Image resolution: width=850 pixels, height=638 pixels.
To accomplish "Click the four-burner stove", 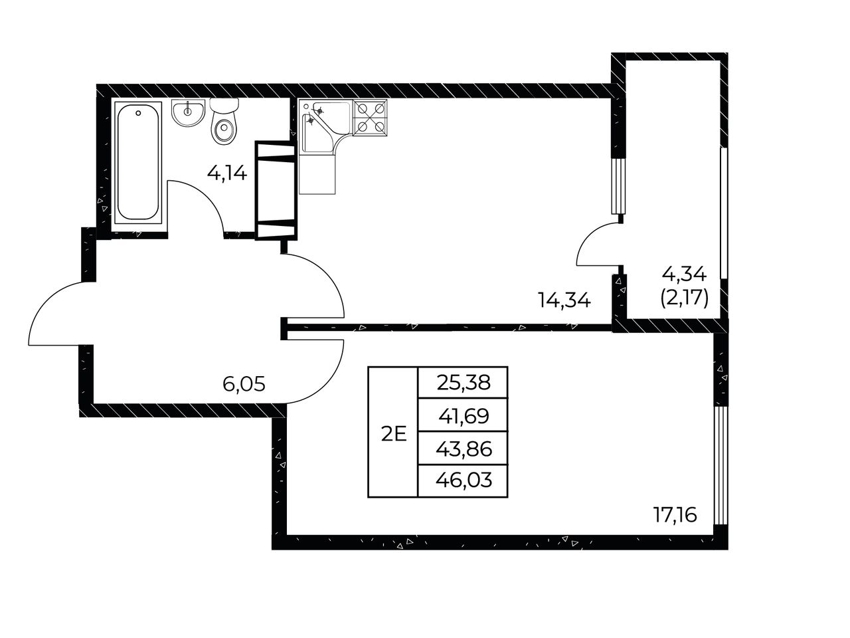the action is [x=370, y=118].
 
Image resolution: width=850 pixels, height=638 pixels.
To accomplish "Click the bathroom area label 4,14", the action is [x=227, y=173].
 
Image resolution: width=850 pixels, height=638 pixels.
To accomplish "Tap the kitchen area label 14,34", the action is [x=564, y=300].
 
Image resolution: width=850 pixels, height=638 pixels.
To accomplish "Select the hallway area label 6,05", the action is [x=244, y=384].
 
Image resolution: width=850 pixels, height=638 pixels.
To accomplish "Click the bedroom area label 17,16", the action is [x=675, y=515].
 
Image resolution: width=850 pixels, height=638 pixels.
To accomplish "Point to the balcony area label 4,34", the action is [x=684, y=274].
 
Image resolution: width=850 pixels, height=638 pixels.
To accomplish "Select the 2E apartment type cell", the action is [x=393, y=432].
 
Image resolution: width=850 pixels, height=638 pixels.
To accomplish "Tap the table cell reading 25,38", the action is [x=463, y=382].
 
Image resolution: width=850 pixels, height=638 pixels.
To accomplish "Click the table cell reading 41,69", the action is [x=463, y=415].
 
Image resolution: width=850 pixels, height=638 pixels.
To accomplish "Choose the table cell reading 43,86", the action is [x=463, y=448].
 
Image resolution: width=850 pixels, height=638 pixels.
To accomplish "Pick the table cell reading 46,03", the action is [x=463, y=480].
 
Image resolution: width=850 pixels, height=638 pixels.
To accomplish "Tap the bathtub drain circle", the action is [x=138, y=113].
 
